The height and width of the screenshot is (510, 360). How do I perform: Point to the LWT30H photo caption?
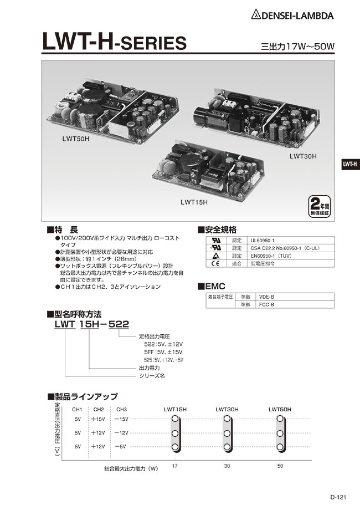302,157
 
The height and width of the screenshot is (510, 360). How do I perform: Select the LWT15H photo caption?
194,202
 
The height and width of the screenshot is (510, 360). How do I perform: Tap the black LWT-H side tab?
349,164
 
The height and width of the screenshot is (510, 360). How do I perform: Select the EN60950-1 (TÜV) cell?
271,256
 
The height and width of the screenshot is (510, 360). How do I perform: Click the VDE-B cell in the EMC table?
267,297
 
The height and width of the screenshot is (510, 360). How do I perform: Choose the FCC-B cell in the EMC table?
267,304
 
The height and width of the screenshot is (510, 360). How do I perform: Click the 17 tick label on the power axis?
175,466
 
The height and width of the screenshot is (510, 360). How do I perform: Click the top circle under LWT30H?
227,419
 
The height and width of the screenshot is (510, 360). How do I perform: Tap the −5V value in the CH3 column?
120,446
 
